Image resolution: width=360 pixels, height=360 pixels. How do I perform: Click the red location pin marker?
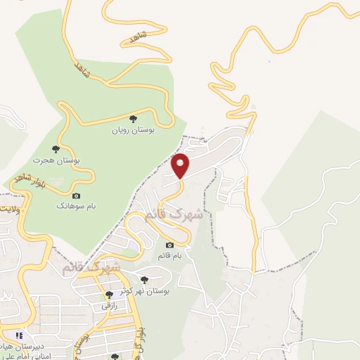[x=181, y=166]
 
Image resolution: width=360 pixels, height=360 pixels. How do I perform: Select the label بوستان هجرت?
[x=58, y=161]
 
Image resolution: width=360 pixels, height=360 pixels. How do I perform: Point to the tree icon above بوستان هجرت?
[x=56, y=149]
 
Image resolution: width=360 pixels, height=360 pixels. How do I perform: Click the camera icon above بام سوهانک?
[x=76, y=195]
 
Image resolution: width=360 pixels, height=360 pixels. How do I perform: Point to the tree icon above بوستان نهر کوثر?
[x=144, y=280]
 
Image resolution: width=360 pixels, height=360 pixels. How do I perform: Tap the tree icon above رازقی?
[x=109, y=295]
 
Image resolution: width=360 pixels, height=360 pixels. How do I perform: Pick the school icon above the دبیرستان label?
[x=20, y=335]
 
